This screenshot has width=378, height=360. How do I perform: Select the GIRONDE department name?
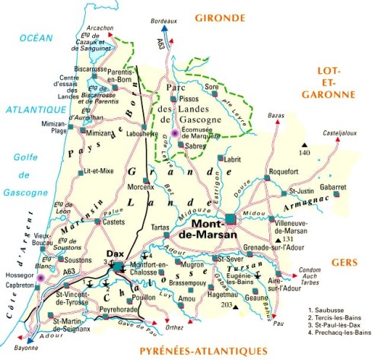[222, 18]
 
